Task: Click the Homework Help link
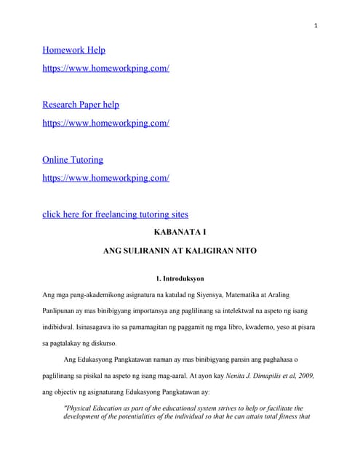(x=73, y=50)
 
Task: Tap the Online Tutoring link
(x=73, y=159)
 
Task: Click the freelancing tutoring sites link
(x=116, y=214)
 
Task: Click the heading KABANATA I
(x=180, y=232)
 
